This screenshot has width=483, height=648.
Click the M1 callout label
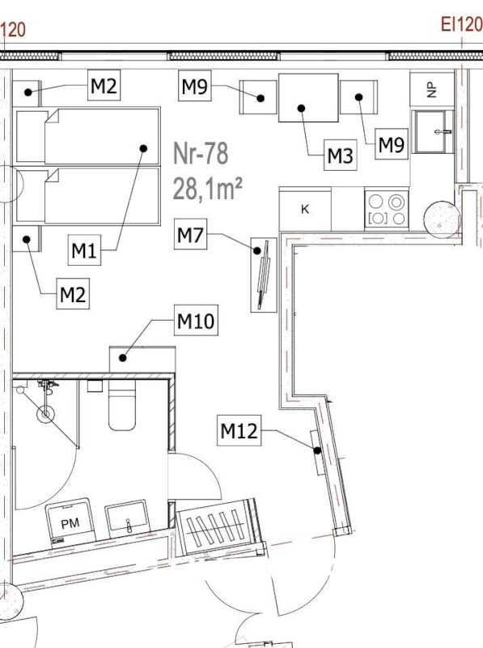coord(84,250)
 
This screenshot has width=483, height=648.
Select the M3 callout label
coord(340,156)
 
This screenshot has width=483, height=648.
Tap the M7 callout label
coord(190,234)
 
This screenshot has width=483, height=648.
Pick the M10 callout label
coord(196,320)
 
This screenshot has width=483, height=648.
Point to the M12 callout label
coord(239,431)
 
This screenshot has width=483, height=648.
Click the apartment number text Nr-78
coord(201,153)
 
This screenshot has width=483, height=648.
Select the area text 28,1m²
coord(207,189)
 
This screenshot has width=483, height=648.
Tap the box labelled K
coord(305,209)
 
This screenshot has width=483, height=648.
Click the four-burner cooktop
coord(387,210)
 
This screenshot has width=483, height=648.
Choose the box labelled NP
coord(432,89)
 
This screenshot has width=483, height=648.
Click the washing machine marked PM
coord(70,522)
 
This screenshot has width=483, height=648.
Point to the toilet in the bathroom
coord(122,404)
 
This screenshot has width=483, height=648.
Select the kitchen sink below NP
coord(433,131)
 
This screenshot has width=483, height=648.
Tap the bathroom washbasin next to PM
coord(128,518)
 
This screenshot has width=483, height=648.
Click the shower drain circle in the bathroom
coord(45,414)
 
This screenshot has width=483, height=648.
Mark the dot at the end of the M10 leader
coord(123,358)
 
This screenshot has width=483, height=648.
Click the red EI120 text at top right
coord(461,24)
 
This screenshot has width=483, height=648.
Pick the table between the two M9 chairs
coord(308,98)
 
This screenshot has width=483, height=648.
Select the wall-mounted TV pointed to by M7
coord(264,275)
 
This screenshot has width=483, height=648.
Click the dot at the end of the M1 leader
coord(144,148)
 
